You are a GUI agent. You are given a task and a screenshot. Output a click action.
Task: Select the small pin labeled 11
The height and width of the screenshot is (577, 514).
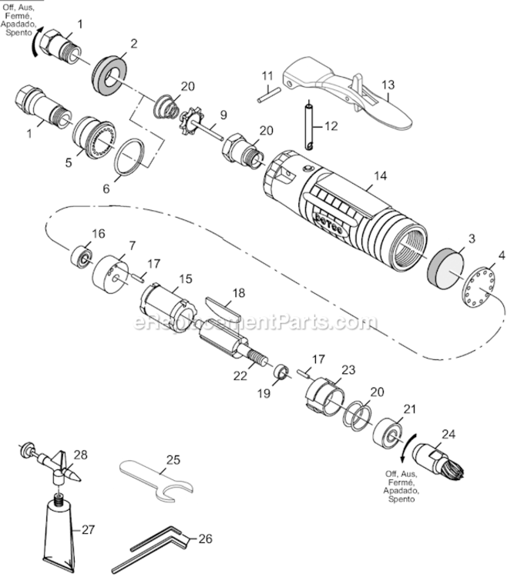[266, 95]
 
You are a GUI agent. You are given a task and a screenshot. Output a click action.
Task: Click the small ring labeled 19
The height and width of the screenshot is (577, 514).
[282, 375]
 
